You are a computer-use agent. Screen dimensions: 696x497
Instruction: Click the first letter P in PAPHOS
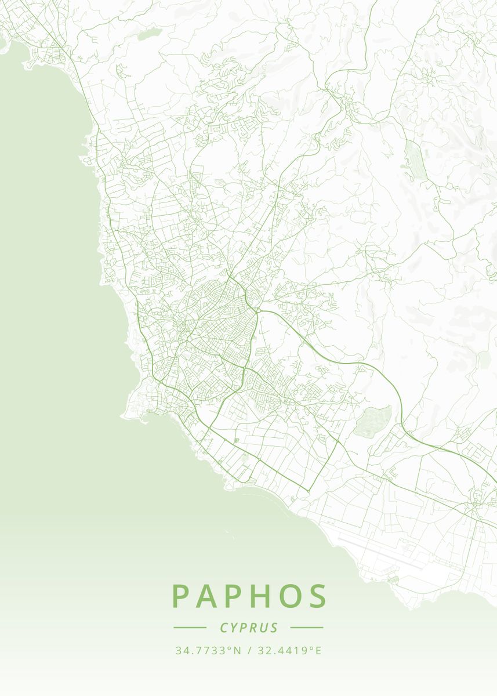(180, 596)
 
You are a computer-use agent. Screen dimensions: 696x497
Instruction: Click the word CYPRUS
(249, 628)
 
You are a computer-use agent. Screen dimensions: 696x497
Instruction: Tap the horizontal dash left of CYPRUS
(190, 628)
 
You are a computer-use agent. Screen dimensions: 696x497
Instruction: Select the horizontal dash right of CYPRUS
(307, 628)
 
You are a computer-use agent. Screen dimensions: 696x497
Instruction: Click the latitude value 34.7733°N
(208, 651)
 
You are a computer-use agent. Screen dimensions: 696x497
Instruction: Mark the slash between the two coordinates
(248, 651)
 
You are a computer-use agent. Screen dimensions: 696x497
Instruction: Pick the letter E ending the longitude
(318, 651)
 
